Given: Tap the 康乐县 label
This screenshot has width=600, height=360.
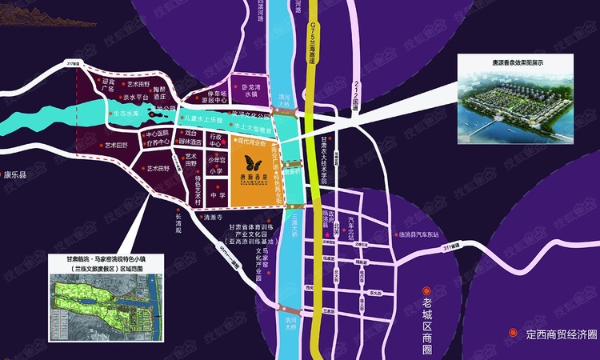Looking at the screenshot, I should click(15, 175).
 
